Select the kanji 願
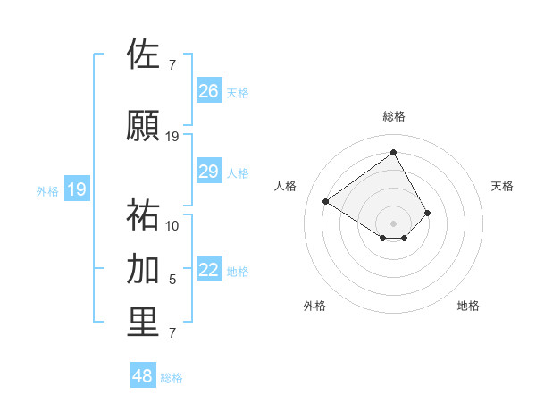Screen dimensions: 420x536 pos(144,126)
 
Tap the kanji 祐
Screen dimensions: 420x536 pos(144,215)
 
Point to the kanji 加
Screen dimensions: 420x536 pos(144,269)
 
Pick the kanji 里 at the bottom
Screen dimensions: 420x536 pos(144,323)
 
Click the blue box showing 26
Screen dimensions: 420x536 pos(209,91)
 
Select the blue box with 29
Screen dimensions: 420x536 pos(209,172)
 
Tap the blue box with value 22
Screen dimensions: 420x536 pos(209,271)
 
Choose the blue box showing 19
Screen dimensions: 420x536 pos(77,189)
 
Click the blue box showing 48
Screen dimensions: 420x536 pos(143,376)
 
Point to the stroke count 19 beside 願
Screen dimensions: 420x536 pos(172,137)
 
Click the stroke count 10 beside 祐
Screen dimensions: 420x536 pos(172,225)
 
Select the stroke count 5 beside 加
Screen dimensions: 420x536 pos(172,280)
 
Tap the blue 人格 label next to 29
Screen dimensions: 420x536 pos(238,172)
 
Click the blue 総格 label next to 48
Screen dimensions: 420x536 pos(172,378)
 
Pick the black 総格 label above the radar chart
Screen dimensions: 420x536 pos(394,116)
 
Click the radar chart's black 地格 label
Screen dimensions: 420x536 pos(468,306)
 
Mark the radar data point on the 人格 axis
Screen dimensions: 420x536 pos(326,201)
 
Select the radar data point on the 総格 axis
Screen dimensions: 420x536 pos(394,152)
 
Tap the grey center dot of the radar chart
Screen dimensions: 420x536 pos(394,223)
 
